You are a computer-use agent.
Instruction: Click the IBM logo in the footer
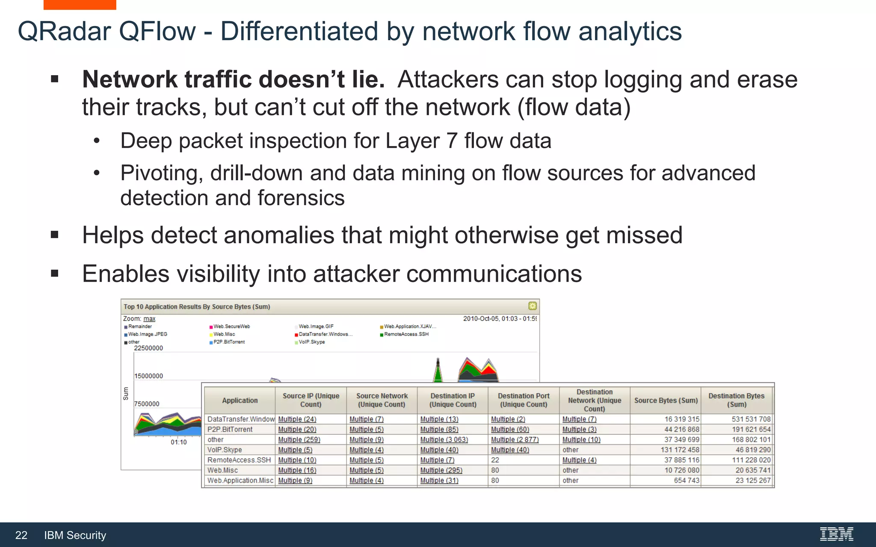pyautogui.click(x=836, y=534)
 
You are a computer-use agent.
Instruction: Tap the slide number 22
pyautogui.click(x=21, y=535)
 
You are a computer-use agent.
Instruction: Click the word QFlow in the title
pyautogui.click(x=157, y=32)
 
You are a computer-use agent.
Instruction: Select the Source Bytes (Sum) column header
pyautogui.click(x=666, y=400)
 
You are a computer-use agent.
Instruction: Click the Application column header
pyautogui.click(x=240, y=400)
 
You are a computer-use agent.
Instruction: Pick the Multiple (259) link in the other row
pyautogui.click(x=299, y=440)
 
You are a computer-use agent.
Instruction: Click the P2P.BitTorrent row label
pyautogui.click(x=230, y=429)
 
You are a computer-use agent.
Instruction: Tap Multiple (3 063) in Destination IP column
pyautogui.click(x=444, y=440)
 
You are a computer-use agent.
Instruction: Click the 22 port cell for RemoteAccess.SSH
pyautogui.click(x=495, y=460)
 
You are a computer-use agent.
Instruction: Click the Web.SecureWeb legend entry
pyautogui.click(x=231, y=326)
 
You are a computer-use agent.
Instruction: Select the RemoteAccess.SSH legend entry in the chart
pyautogui.click(x=406, y=334)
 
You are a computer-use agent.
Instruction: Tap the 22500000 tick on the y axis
pyautogui.click(x=148, y=348)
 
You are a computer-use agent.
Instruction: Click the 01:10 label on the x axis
pyautogui.click(x=178, y=442)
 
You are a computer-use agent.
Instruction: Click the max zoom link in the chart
pyautogui.click(x=149, y=319)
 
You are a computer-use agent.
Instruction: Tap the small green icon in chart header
pyautogui.click(x=532, y=306)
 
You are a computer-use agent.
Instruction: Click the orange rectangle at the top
pyautogui.click(x=80, y=5)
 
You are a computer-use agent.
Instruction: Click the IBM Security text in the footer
pyautogui.click(x=75, y=535)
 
